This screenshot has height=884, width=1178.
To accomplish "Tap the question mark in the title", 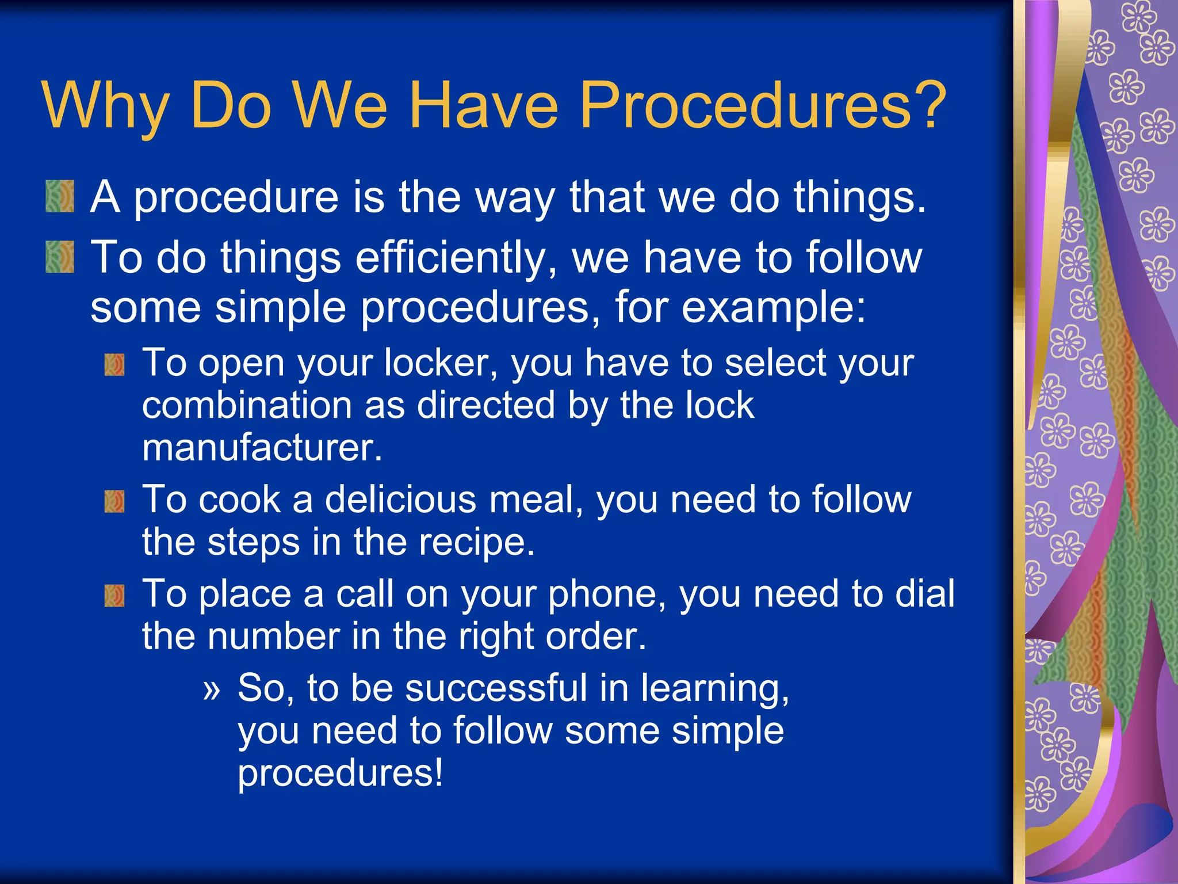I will point(927,105).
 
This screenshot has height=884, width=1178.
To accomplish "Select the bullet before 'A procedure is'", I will point(60,197).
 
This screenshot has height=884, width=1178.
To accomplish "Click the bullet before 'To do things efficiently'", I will point(60,257).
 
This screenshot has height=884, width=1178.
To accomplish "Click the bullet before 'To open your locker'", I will point(114,365).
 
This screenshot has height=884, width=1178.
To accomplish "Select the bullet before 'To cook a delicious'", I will point(114,501).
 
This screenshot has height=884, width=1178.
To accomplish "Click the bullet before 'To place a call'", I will point(114,596).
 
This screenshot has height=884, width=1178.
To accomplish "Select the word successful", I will point(496,688).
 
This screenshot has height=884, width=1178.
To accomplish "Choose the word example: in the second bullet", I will point(773,308).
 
